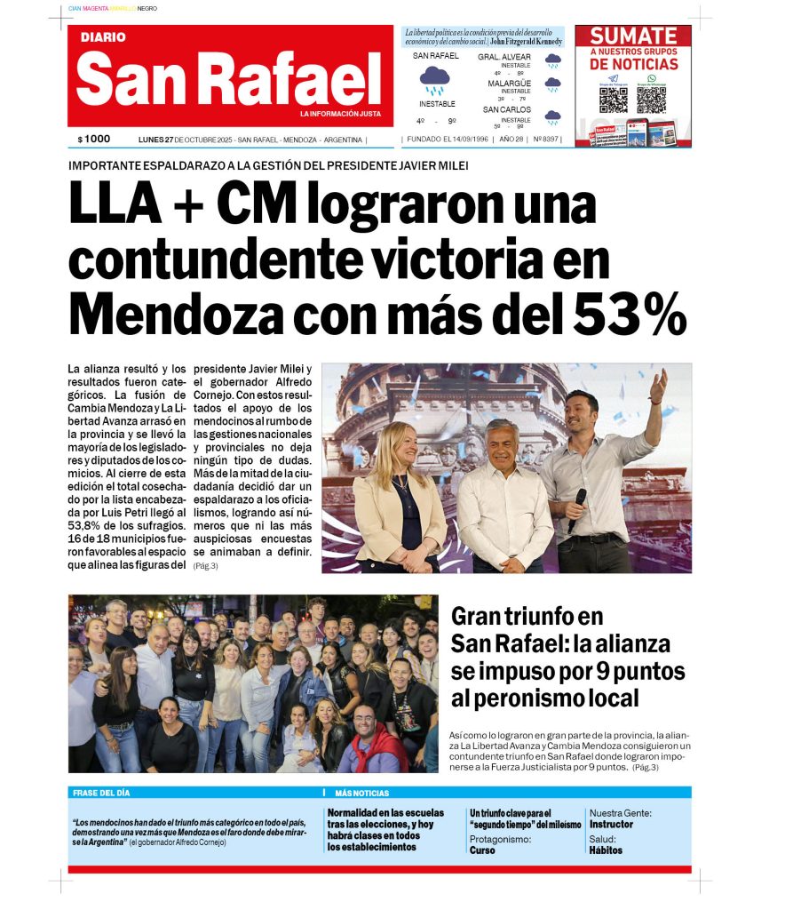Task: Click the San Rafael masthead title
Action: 229,79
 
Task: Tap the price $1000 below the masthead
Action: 94,140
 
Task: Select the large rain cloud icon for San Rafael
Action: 434,80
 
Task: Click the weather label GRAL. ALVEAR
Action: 504,57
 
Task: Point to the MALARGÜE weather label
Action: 509,83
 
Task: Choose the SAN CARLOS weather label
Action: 506,109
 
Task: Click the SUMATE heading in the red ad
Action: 633,36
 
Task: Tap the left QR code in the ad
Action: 614,99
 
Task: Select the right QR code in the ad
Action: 651,99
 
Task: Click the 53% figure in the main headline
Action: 630,313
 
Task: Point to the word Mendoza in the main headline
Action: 170,313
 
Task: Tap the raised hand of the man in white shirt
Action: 657,386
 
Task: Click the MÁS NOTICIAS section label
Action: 361,793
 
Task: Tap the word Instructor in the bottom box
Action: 611,824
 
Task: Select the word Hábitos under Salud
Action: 606,850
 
